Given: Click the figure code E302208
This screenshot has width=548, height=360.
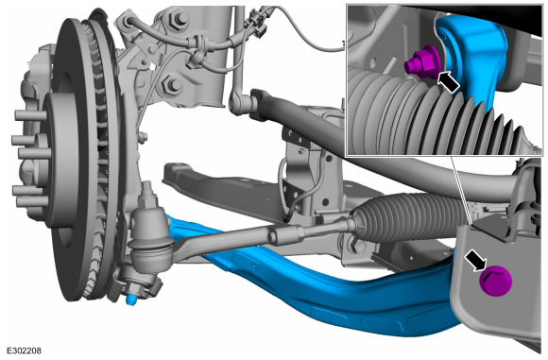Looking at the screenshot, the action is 25,351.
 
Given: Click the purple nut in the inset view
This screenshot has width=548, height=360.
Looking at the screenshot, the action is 422,63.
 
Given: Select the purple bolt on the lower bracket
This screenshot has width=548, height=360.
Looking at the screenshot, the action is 496,281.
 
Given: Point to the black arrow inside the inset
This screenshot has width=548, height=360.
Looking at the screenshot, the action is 448,82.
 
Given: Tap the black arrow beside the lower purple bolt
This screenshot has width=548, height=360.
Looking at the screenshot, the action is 475,260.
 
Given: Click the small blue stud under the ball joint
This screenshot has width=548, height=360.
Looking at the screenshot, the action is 132,299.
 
